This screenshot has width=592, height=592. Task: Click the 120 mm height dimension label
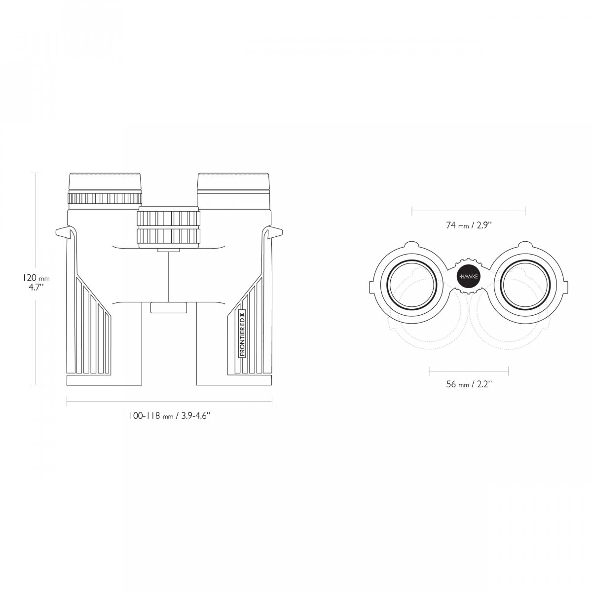tap(36, 278)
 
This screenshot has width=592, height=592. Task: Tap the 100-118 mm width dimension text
tap(169, 416)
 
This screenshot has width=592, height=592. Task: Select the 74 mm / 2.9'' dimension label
tap(469, 225)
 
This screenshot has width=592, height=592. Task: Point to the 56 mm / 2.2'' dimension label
tap(469, 384)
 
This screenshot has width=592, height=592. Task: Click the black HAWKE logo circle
tap(469, 276)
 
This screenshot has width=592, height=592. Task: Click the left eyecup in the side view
tap(105, 182)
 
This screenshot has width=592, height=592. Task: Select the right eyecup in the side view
tap(233, 182)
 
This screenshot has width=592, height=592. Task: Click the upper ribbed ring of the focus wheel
tap(169, 218)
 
